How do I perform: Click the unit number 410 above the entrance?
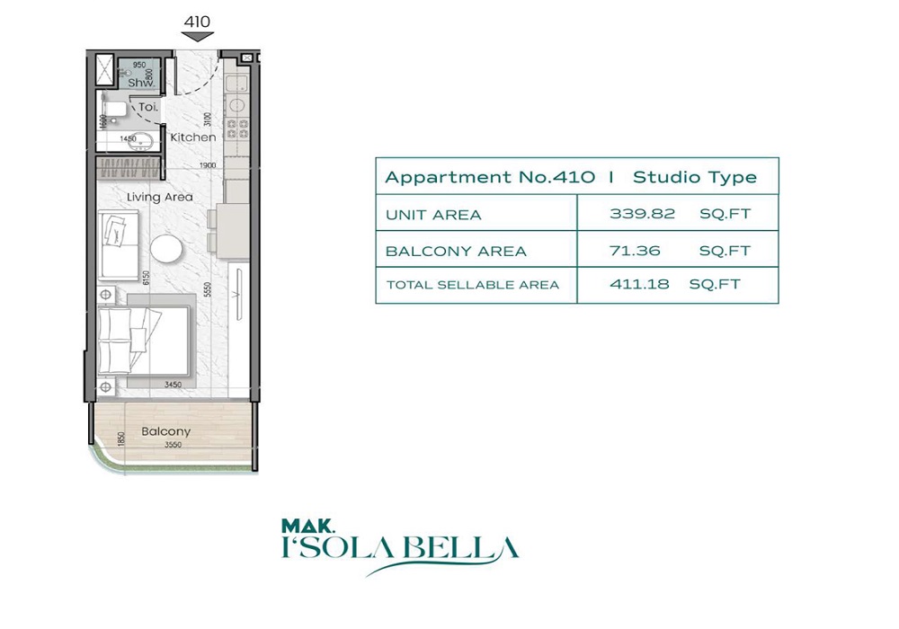198,20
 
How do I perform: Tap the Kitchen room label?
192,137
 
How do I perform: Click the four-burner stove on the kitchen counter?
237,127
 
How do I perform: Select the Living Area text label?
159,197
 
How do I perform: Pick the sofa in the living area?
118,244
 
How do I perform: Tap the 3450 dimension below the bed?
173,385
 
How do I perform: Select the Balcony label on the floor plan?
165,432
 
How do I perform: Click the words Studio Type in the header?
694,177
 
